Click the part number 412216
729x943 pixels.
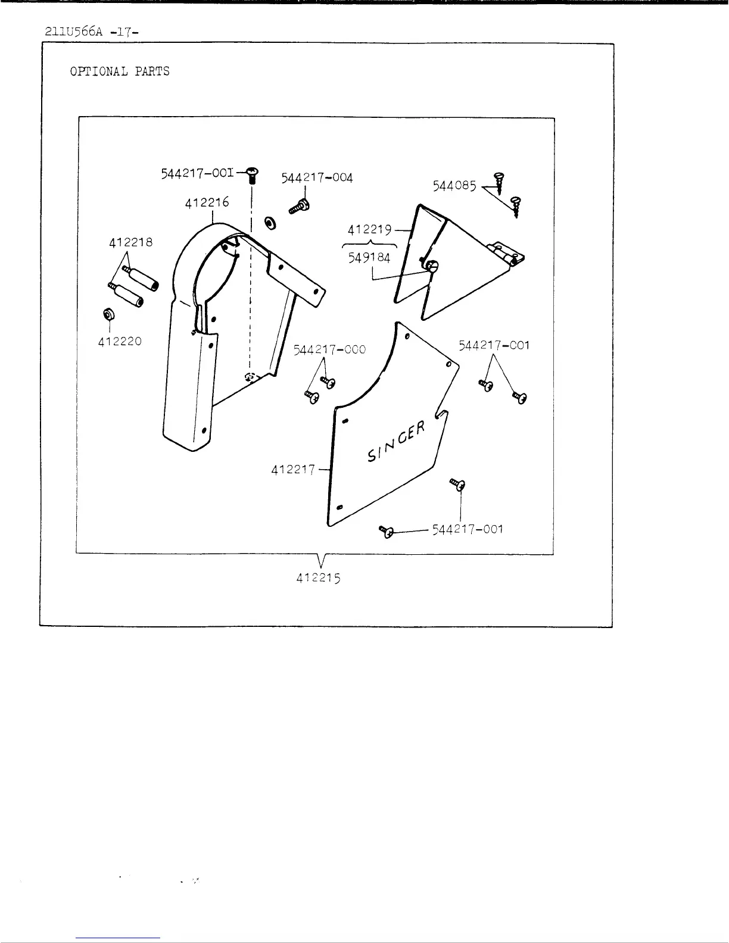207,202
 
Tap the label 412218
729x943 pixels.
130,243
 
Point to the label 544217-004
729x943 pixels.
317,178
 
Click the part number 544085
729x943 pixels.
454,186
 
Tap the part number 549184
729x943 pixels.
370,258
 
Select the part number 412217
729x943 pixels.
294,470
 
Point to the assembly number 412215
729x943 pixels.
319,577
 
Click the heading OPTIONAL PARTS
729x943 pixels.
120,71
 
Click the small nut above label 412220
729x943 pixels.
110,314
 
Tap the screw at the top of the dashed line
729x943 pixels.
252,174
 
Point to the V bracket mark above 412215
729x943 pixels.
321,560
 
